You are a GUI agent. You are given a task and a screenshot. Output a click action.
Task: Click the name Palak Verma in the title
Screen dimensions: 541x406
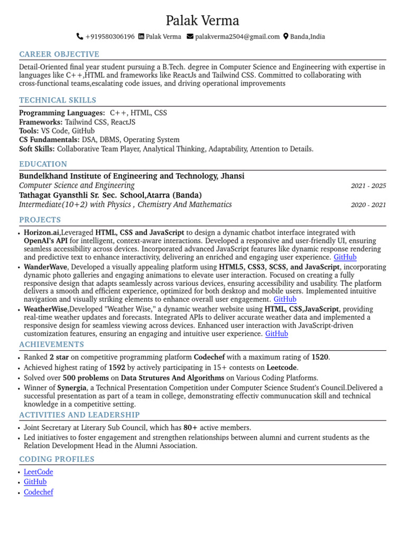pyautogui.click(x=202, y=21)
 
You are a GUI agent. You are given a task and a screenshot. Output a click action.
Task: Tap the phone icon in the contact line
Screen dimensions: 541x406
pyautogui.click(x=80, y=37)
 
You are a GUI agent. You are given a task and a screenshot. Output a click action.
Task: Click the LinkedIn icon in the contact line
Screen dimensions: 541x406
pyautogui.click(x=141, y=37)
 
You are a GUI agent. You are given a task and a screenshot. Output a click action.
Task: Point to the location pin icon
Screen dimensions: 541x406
pyautogui.click(x=286, y=37)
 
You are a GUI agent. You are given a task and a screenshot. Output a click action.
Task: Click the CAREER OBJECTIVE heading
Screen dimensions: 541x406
pyautogui.click(x=59, y=54)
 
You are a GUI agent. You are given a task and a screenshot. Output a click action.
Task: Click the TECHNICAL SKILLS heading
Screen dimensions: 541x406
pyautogui.click(x=58, y=100)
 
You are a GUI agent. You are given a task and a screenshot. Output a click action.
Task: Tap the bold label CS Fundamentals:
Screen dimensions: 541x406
pyautogui.click(x=49, y=140)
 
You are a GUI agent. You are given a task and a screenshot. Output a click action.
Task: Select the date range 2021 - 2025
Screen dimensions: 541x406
pyautogui.click(x=368, y=186)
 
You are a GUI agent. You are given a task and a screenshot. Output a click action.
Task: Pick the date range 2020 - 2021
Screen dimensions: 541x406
pyautogui.click(x=368, y=205)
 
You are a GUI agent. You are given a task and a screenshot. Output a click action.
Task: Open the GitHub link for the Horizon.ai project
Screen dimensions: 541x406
pyautogui.click(x=345, y=257)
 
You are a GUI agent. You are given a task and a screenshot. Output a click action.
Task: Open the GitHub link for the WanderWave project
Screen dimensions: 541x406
pyautogui.click(x=285, y=300)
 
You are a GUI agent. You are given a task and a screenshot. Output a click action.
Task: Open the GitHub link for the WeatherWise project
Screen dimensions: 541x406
pyautogui.click(x=276, y=334)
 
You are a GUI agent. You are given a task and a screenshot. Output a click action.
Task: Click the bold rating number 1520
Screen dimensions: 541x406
pyautogui.click(x=320, y=358)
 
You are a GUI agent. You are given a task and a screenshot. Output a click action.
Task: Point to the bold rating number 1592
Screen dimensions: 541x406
pyautogui.click(x=117, y=368)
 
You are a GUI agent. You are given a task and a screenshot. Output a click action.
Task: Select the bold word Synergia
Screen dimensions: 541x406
pyautogui.click(x=71, y=388)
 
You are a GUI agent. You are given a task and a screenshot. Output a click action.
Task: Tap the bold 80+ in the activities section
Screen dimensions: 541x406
pyautogui.click(x=191, y=428)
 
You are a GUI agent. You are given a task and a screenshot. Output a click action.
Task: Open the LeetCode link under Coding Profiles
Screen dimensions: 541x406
pyautogui.click(x=39, y=472)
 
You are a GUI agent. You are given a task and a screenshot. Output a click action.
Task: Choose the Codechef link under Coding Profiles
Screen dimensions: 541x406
pyautogui.click(x=39, y=492)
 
